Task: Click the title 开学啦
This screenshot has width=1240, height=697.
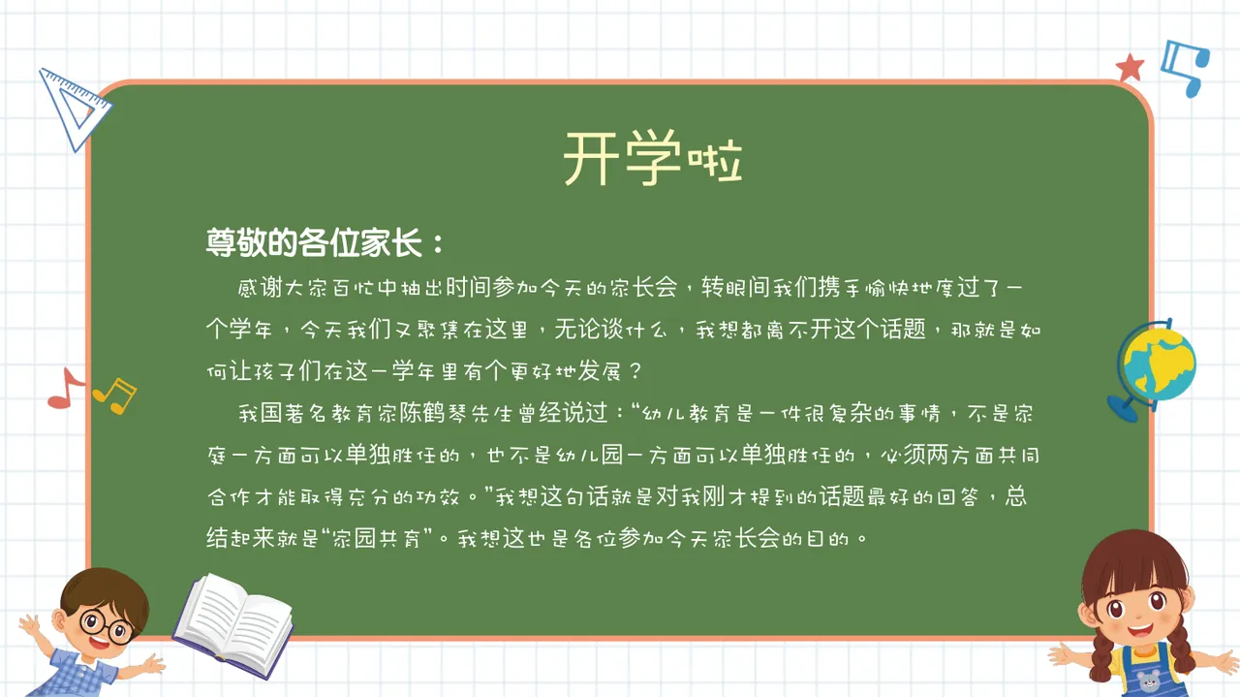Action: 653,160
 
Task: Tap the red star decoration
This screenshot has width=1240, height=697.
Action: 1130,68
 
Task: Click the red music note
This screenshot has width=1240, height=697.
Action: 65,388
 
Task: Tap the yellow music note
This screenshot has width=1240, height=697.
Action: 115,394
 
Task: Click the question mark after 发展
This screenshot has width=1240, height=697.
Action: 635,372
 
